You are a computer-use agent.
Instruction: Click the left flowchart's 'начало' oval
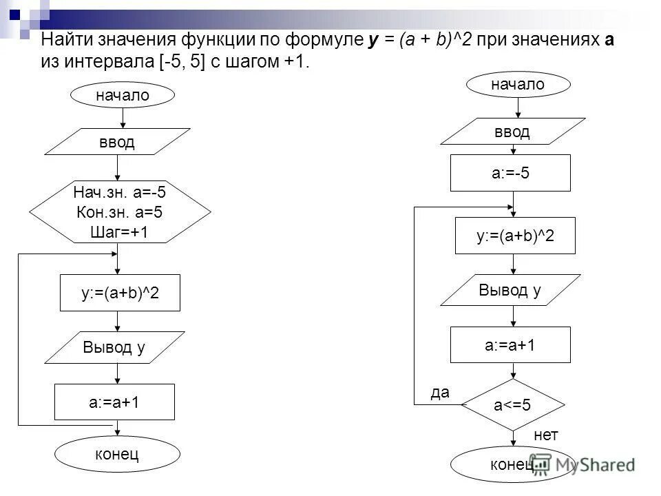pyautogui.click(x=122, y=96)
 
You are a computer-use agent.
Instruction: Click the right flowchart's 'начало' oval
pyautogui.click(x=518, y=84)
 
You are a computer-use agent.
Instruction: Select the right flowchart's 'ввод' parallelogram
pyautogui.click(x=512, y=131)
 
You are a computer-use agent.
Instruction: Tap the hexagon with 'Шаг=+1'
pyautogui.click(x=119, y=211)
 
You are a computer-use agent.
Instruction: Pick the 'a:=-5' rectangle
pyautogui.click(x=510, y=173)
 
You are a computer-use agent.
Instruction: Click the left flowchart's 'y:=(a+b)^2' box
pyautogui.click(x=120, y=293)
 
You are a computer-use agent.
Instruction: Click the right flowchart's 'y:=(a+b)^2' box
pyautogui.click(x=515, y=235)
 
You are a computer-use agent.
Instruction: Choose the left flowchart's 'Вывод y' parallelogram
pyautogui.click(x=114, y=347)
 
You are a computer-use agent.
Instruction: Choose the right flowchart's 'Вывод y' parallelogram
pyautogui.click(x=510, y=289)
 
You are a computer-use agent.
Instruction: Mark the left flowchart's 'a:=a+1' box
pyautogui.click(x=114, y=402)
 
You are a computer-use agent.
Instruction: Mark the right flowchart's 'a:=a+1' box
pyautogui.click(x=510, y=344)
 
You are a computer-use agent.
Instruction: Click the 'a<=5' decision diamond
pyautogui.click(x=512, y=404)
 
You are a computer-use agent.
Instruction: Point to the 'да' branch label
pyautogui.click(x=439, y=393)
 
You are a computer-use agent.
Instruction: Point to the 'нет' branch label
pyautogui.click(x=546, y=435)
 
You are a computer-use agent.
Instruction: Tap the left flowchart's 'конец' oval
pyautogui.click(x=117, y=454)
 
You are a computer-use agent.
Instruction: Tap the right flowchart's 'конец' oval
pyautogui.click(x=511, y=465)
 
